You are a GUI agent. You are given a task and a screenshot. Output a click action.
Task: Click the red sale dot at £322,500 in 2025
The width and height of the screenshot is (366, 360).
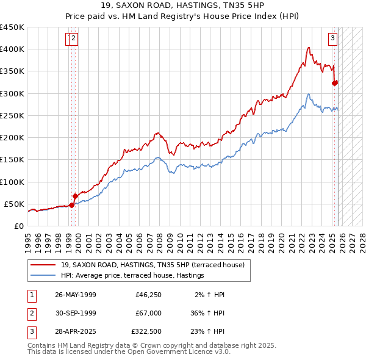334,84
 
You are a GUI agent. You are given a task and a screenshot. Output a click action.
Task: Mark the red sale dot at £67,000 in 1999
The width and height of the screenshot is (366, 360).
75,196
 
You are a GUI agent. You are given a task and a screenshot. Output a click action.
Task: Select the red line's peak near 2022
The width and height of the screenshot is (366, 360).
309,48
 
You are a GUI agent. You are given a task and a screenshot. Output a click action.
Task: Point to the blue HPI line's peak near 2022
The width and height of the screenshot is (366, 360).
309,94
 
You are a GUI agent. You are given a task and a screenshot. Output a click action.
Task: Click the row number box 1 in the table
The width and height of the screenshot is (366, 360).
32,295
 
